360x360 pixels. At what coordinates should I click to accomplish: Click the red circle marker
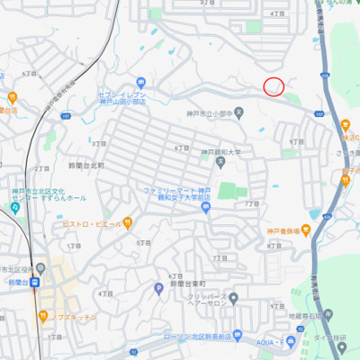click(274, 86)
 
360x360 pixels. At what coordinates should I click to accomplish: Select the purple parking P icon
click(159, 287)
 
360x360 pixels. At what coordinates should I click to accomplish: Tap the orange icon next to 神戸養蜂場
click(309, 231)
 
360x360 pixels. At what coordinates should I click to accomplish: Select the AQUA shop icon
click(291, 343)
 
